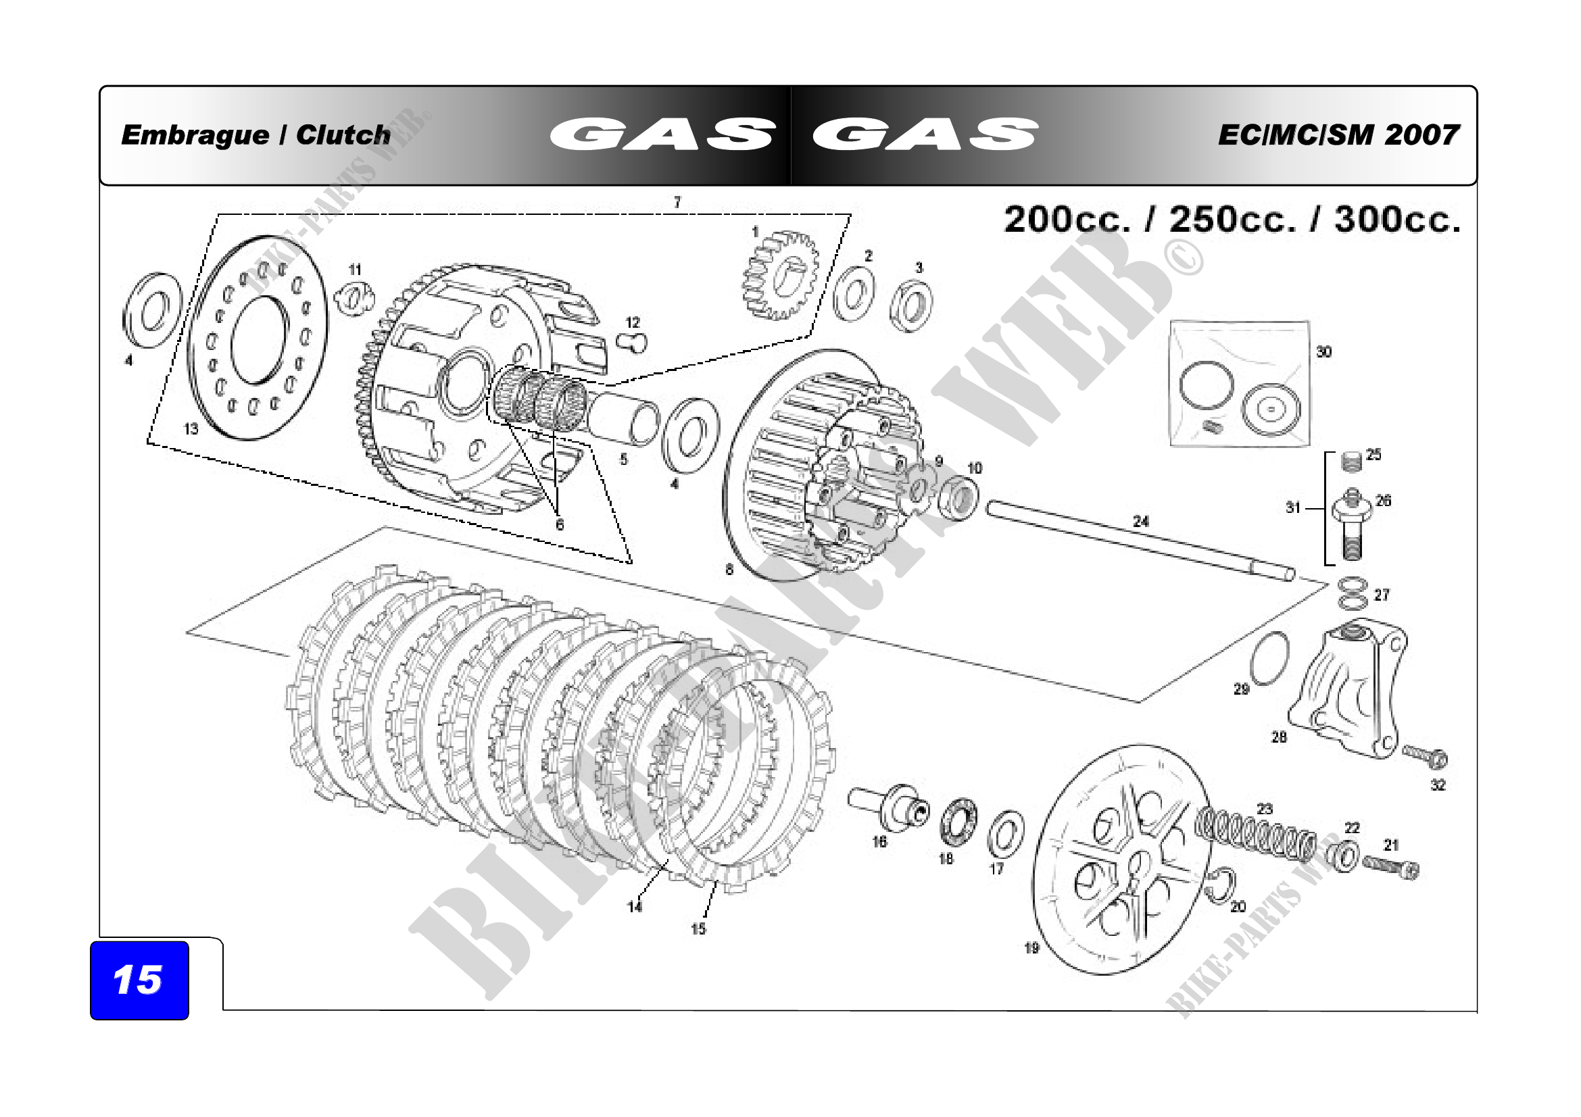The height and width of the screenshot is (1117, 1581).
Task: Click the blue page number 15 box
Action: click(x=139, y=980)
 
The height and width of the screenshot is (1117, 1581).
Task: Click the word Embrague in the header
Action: click(x=195, y=135)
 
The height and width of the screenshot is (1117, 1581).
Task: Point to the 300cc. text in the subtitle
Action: click(x=1397, y=220)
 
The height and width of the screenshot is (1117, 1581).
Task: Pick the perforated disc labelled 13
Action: click(x=258, y=338)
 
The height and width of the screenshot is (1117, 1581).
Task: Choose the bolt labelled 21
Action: click(x=1391, y=866)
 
